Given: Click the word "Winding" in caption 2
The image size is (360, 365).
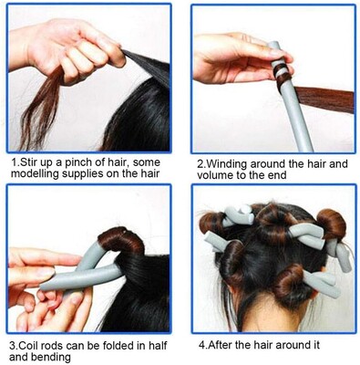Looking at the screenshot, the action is pos(227,164).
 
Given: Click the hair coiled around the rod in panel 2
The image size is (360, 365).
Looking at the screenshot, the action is pos(282,76).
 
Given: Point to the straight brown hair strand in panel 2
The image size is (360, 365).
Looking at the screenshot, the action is pos(324,99).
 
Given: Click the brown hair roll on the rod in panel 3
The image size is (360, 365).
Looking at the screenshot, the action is pos(121,241).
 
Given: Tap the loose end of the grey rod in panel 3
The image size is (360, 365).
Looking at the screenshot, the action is pos(43,286).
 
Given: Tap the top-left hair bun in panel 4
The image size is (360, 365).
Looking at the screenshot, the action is pos(212,224).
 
